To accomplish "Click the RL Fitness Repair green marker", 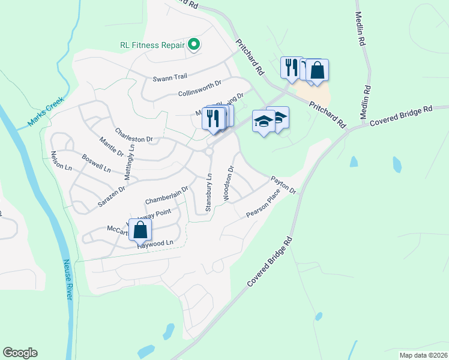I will coord(194,44).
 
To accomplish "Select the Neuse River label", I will coord(68,280).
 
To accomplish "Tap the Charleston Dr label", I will coord(130,135).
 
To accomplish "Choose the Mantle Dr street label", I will coord(112,147).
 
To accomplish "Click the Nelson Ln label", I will coord(62,160).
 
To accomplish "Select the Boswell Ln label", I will coord(96,165).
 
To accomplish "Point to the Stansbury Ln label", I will coord(209,193).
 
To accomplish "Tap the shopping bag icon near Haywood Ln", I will coord(140,230).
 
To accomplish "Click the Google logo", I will coord(20,353).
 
